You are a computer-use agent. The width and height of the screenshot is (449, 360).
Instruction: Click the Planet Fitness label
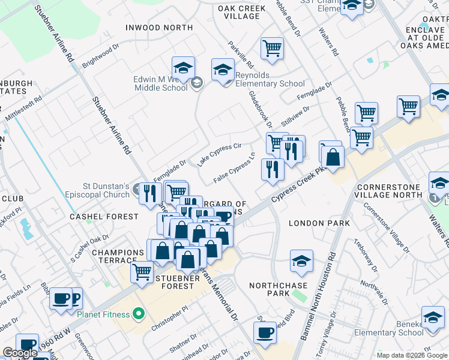pyautogui.click(x=103, y=314)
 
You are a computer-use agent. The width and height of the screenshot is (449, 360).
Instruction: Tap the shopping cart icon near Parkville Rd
pyautogui.click(x=273, y=49)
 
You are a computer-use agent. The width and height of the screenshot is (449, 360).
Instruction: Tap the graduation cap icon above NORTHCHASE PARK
pyautogui.click(x=301, y=261)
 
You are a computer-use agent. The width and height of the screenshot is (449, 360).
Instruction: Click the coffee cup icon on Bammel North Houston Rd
pyautogui.click(x=265, y=333)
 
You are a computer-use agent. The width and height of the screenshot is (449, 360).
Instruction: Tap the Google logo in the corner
pyautogui.click(x=20, y=353)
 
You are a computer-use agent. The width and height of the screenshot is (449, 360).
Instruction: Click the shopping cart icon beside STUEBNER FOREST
pyautogui.click(x=142, y=272)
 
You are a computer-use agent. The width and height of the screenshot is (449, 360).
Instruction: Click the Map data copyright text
pyautogui.click(x=412, y=355)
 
